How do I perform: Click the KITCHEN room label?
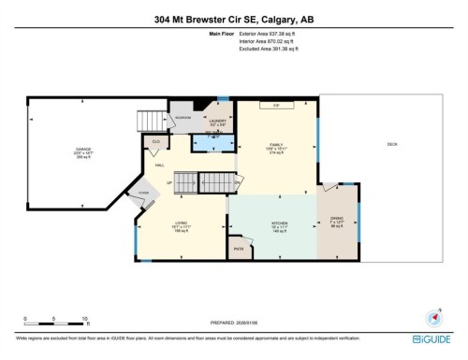pos(279,225)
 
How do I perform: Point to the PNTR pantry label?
pos(238,250)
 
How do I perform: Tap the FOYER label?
pos(143,192)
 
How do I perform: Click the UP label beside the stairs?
pos(168,182)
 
